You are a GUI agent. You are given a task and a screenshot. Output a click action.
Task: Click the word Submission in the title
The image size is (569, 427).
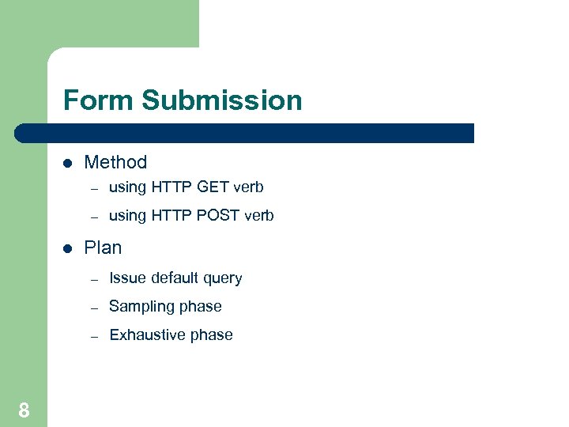tap(221, 100)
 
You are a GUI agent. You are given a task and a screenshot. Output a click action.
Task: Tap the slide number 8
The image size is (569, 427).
tap(24, 410)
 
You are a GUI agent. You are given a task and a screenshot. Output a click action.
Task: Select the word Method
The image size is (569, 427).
tap(115, 162)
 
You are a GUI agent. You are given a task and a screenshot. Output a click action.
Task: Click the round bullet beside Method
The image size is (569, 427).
tap(68, 164)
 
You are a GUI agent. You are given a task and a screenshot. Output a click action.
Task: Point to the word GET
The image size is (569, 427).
tap(213, 187)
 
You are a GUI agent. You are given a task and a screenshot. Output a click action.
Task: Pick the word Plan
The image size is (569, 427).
tap(103, 248)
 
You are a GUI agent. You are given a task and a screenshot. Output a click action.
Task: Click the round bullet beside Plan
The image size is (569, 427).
tap(68, 249)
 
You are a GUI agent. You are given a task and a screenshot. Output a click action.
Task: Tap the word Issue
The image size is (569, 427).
tap(127, 278)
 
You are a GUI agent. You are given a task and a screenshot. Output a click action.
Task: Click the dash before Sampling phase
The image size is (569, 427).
tap(93, 308)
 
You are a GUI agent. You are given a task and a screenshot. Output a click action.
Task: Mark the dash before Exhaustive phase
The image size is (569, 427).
tap(93, 336)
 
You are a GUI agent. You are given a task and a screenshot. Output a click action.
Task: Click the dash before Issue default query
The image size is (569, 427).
tap(93, 279)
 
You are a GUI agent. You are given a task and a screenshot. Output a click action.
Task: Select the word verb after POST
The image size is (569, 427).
tap(259, 216)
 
